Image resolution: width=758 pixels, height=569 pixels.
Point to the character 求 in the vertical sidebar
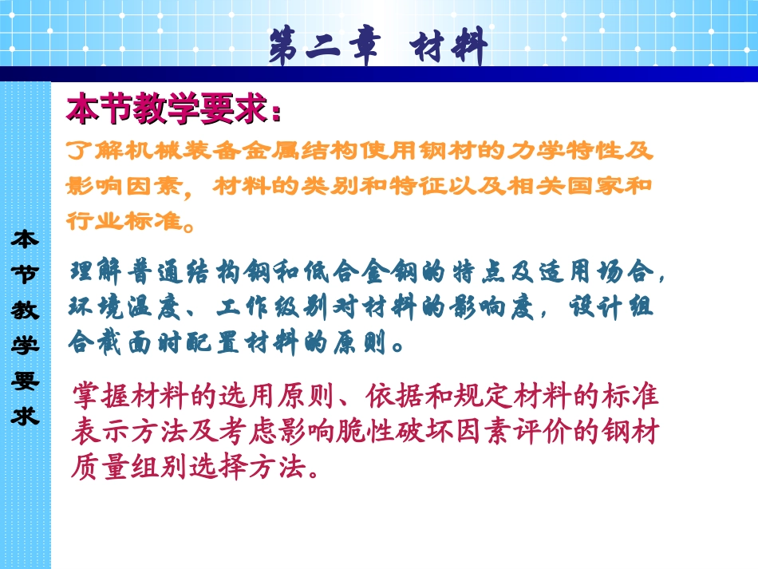click(x=25, y=416)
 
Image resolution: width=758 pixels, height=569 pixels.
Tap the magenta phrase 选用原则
click(x=285, y=395)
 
